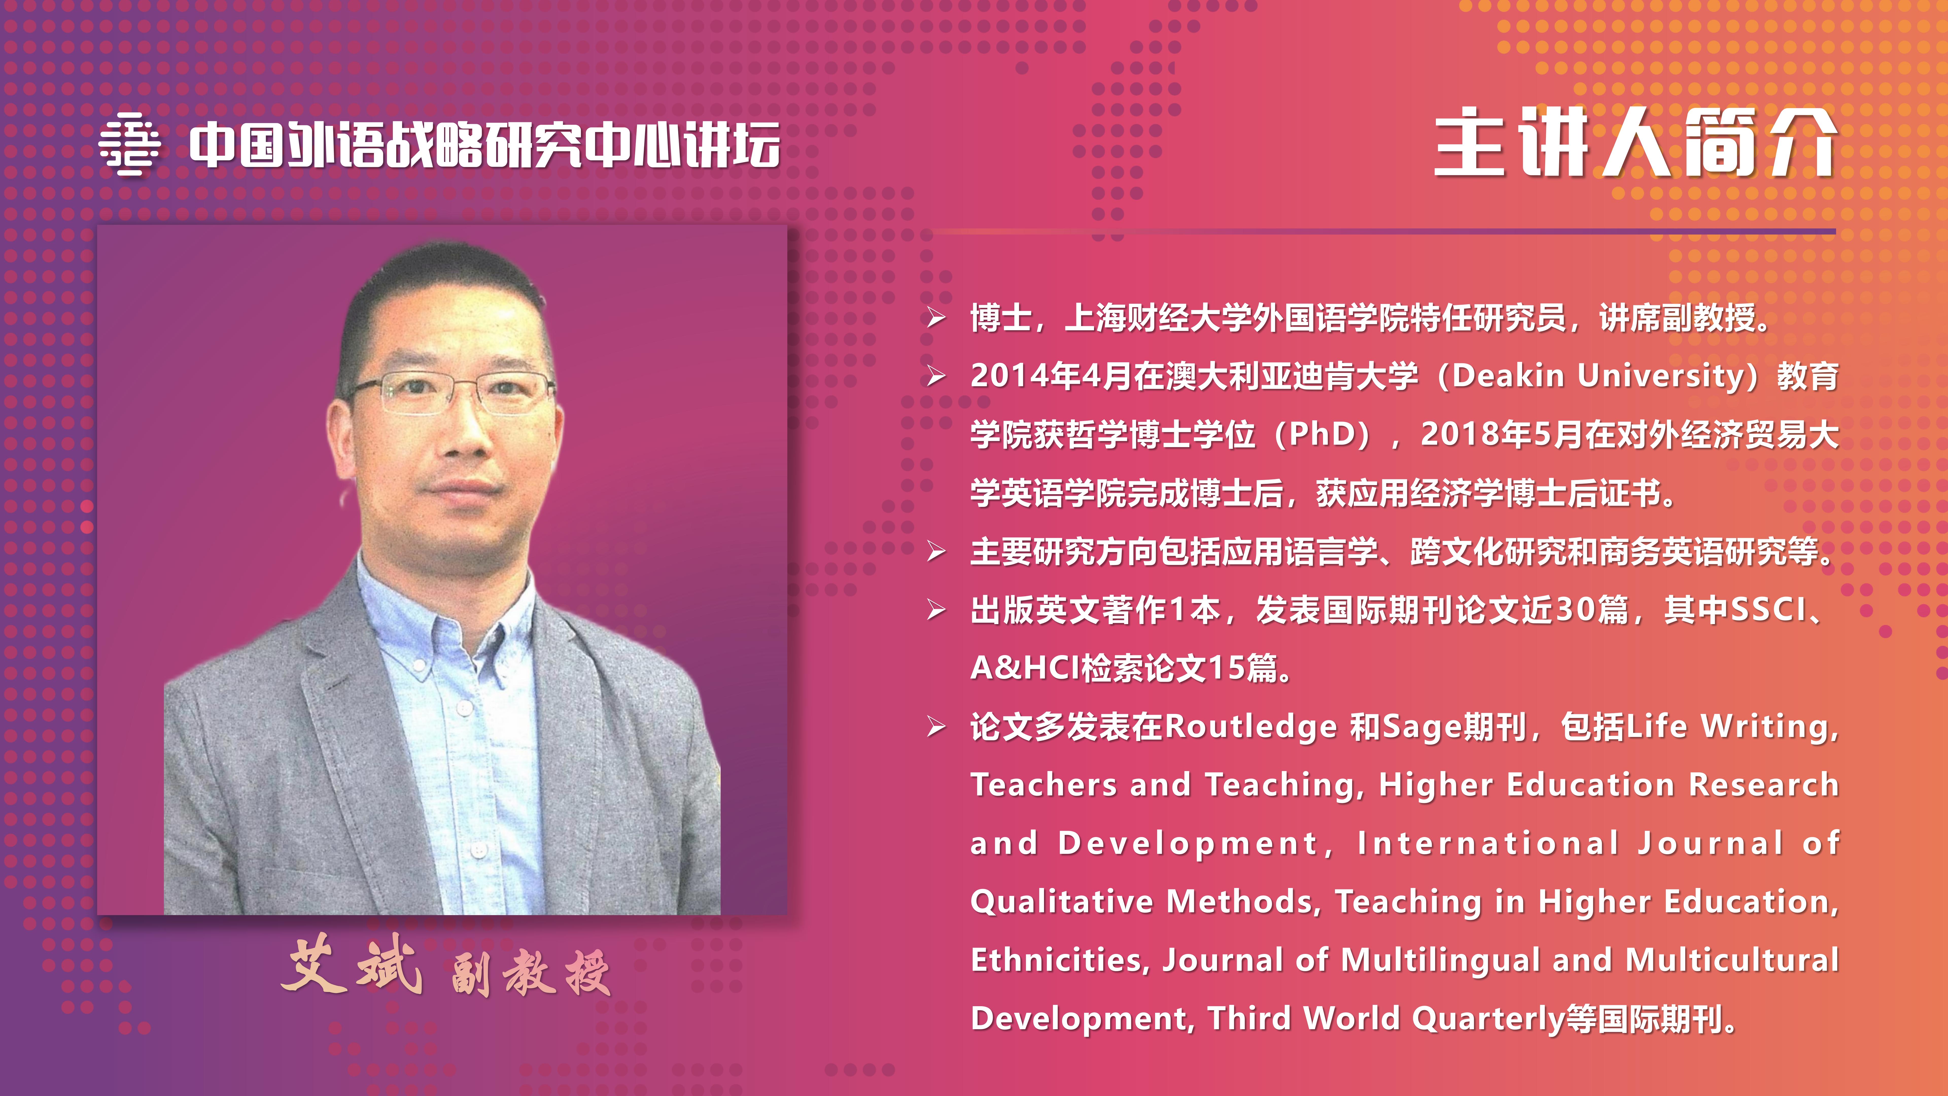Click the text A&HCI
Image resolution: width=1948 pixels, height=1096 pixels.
1025,668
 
